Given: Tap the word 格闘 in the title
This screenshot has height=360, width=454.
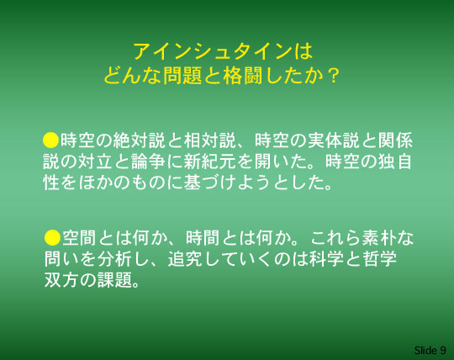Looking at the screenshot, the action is pyautogui.click(x=243, y=76).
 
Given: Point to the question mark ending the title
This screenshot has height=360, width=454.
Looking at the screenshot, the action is pyautogui.click(x=334, y=76).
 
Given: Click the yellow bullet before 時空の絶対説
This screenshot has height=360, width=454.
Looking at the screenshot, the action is pyautogui.click(x=51, y=140).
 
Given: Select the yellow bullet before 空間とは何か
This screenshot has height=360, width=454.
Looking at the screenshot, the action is pyautogui.click(x=52, y=237).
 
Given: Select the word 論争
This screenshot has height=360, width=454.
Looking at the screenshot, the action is pyautogui.click(x=149, y=161).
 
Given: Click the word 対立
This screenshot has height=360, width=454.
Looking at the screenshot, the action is pyautogui.click(x=96, y=161).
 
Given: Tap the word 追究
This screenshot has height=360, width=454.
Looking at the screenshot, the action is pyautogui.click(x=186, y=258).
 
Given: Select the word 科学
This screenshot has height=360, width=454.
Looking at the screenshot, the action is pyautogui.click(x=326, y=258).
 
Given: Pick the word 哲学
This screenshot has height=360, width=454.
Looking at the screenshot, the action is pyautogui.click(x=379, y=258).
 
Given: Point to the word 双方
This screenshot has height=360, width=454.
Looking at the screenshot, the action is pyautogui.click(x=62, y=280).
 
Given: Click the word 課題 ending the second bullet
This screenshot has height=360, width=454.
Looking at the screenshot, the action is pyautogui.click(x=115, y=280).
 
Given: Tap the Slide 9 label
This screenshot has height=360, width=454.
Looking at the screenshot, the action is pyautogui.click(x=430, y=351).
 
